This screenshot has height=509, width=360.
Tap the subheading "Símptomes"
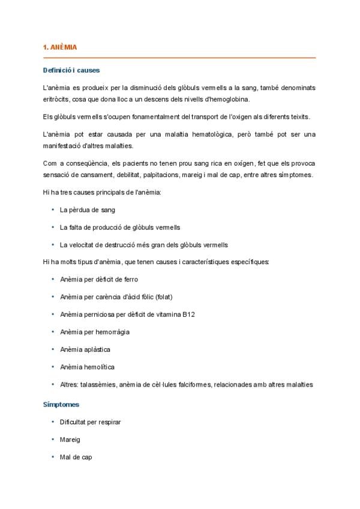pyautogui.click(x=61, y=405)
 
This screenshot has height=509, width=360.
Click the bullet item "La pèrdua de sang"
pyautogui.click(x=87, y=210)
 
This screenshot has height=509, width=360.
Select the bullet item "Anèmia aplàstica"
pyautogui.click(x=85, y=349)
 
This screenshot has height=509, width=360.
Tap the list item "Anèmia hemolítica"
pyautogui.click(x=87, y=367)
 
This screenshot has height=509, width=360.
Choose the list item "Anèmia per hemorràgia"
pyautogui.click(x=95, y=332)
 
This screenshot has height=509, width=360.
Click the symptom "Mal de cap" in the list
pyautogui.click(x=76, y=457)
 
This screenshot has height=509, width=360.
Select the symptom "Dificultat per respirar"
pyautogui.click(x=90, y=422)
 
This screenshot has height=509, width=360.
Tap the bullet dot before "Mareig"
pyautogui.click(x=52, y=439)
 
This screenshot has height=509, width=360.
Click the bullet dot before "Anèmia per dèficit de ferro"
pyautogui.click(x=52, y=280)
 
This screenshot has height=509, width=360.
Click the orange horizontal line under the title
pyautogui.click(x=179, y=58)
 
